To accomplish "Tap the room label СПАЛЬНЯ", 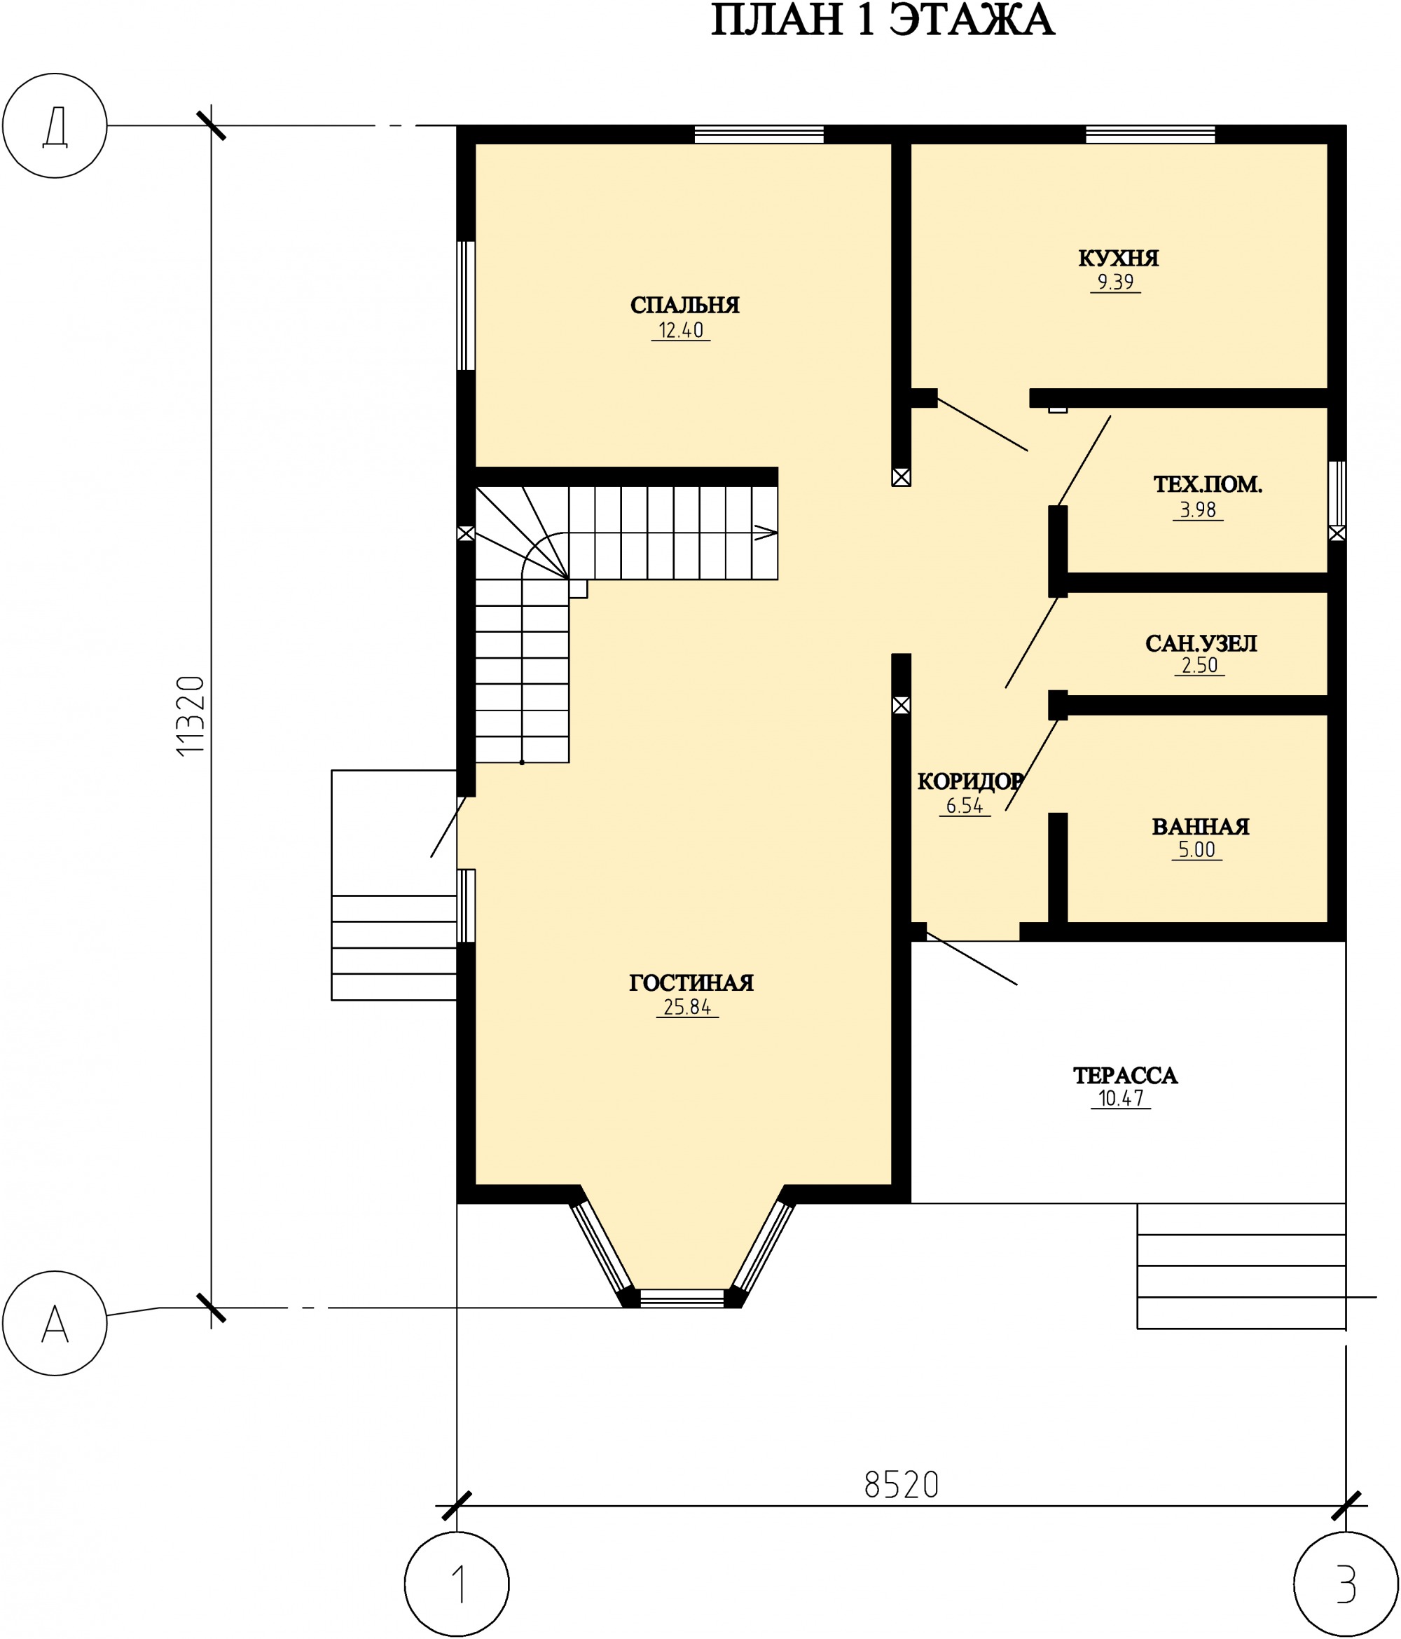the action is [x=684, y=306].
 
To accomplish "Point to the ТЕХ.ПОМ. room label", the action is [x=1207, y=484].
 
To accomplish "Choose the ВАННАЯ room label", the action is [x=1200, y=827].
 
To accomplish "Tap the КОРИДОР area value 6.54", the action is [x=965, y=806].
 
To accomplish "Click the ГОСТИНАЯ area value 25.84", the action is [x=687, y=1007].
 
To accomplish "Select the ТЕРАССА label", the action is [x=1125, y=1075].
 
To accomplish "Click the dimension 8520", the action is [x=902, y=1485].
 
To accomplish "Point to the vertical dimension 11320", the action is [x=191, y=716].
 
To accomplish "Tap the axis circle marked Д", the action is [x=55, y=125].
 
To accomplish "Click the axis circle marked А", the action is [x=55, y=1324].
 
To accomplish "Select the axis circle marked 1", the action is [x=457, y=1584].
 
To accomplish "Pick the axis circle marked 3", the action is [x=1346, y=1584].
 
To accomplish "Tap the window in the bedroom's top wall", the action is [x=759, y=135].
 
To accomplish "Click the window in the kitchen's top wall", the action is [x=1150, y=135].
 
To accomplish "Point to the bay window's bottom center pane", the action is [x=682, y=1298].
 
